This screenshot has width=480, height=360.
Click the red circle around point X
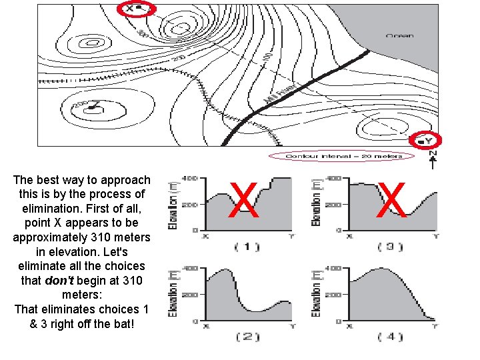(x=136, y=9)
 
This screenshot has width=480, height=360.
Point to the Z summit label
(x=97, y=104)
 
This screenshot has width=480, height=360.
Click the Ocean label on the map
(x=399, y=35)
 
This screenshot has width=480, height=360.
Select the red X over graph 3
(x=391, y=201)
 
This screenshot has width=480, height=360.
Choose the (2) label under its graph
(x=247, y=337)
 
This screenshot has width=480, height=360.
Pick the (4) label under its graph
(x=390, y=337)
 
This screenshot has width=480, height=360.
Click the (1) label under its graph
(x=247, y=247)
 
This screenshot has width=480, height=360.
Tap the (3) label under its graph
(x=390, y=247)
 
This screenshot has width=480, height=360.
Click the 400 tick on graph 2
(x=191, y=268)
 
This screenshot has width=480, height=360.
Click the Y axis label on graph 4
(x=435, y=326)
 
